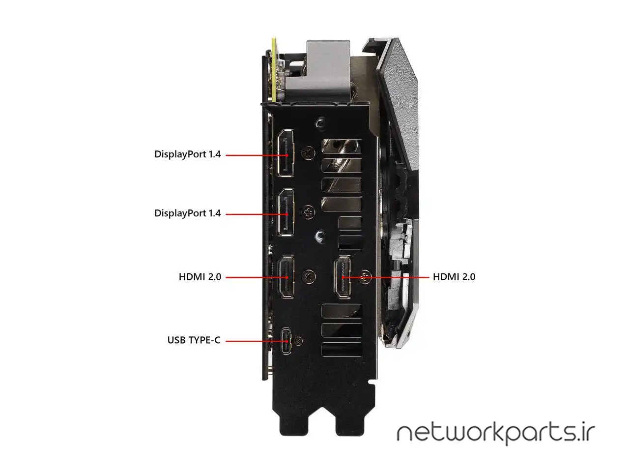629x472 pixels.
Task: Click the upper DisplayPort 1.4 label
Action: point(187,154)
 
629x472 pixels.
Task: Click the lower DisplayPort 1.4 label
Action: point(187,213)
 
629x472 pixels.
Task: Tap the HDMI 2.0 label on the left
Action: point(200,277)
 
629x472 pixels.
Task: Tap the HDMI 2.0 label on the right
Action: point(454,277)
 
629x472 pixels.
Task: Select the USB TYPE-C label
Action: point(194,340)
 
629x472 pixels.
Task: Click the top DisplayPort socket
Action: point(286,153)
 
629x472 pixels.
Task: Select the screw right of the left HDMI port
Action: point(309,276)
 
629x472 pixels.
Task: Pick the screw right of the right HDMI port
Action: point(365,277)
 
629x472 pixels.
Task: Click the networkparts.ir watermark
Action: point(495,433)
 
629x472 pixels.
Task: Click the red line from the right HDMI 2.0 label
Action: point(393,277)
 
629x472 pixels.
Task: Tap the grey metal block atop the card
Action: point(327,69)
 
